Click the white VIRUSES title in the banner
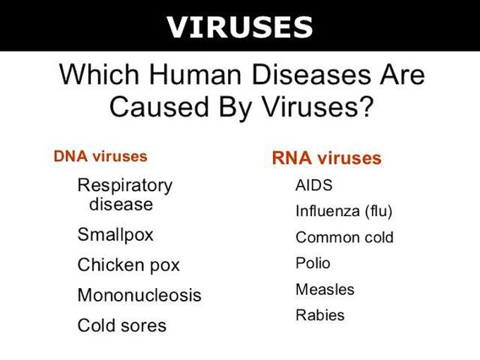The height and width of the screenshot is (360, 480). pyautogui.click(x=240, y=27)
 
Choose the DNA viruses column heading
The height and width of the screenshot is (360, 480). pyautogui.click(x=100, y=156)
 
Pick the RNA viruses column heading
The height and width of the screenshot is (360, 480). pyautogui.click(x=326, y=158)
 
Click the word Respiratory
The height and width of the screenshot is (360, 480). pyautogui.click(x=124, y=185)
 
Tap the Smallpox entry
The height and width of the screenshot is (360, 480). pyautogui.click(x=115, y=234)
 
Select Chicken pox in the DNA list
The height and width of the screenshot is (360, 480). pyautogui.click(x=128, y=265)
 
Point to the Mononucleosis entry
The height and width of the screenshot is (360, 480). pyautogui.click(x=139, y=295)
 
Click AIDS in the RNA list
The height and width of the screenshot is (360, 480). pyautogui.click(x=313, y=186)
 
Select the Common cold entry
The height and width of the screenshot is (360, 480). pyautogui.click(x=344, y=237)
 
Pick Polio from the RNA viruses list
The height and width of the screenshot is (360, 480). pyautogui.click(x=313, y=263)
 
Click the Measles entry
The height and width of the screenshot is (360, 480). pyautogui.click(x=325, y=289)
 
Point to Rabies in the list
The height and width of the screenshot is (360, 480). pyautogui.click(x=320, y=315)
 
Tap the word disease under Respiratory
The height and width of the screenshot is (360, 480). pyautogui.click(x=121, y=204)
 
